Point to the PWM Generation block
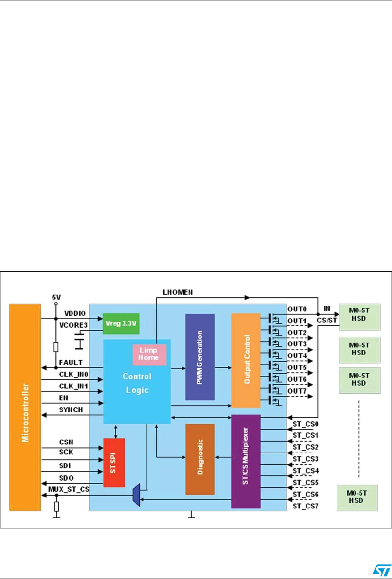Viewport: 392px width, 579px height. tap(200, 357)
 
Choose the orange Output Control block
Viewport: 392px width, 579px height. tap(245, 360)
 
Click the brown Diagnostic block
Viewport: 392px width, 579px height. tap(200, 459)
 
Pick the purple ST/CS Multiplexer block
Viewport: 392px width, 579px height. tap(245, 461)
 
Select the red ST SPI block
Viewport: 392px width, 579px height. tap(114, 463)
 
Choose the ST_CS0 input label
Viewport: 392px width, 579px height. tap(303, 424)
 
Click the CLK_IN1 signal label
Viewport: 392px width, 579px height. tap(72, 386)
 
